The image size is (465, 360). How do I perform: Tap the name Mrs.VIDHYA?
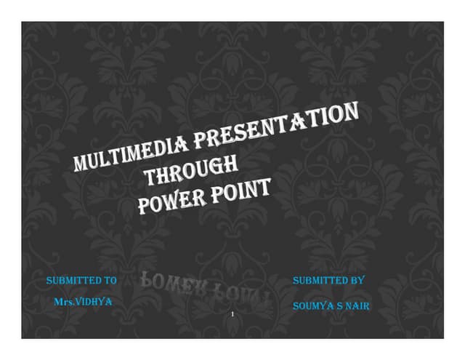(x=83, y=301)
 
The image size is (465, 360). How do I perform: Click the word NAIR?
(x=357, y=306)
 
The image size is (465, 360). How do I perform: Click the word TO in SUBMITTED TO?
(x=110, y=280)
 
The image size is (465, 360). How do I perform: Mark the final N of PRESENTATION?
(x=351, y=112)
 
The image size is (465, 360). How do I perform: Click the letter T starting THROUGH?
(x=150, y=177)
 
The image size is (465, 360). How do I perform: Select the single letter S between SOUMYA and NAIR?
(x=340, y=306)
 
